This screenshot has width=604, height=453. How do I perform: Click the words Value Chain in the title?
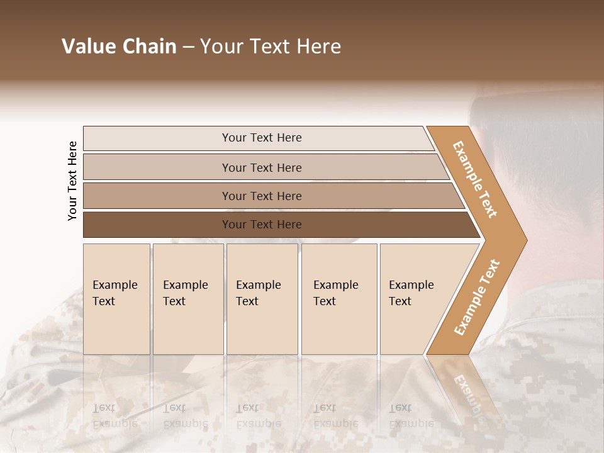pyautogui.click(x=119, y=47)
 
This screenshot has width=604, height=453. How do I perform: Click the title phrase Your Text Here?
pyautogui.click(x=271, y=47)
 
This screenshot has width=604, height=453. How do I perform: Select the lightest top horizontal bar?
pyautogui.click(x=261, y=138)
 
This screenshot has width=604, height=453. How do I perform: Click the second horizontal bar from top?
pyautogui.click(x=261, y=167)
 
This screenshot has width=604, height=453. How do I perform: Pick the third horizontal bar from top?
pyautogui.click(x=261, y=196)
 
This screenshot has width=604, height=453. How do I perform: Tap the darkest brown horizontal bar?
pyautogui.click(x=261, y=225)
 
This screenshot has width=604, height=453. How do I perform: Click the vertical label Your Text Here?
pyautogui.click(x=72, y=181)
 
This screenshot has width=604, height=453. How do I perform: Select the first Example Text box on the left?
pyautogui.click(x=116, y=299)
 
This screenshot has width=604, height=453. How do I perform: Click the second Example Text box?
pyautogui.click(x=187, y=299)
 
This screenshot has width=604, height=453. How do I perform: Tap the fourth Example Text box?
pyautogui.click(x=339, y=299)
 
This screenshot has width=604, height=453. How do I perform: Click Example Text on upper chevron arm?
pyautogui.click(x=475, y=179)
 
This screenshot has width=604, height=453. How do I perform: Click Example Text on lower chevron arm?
pyautogui.click(x=477, y=297)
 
